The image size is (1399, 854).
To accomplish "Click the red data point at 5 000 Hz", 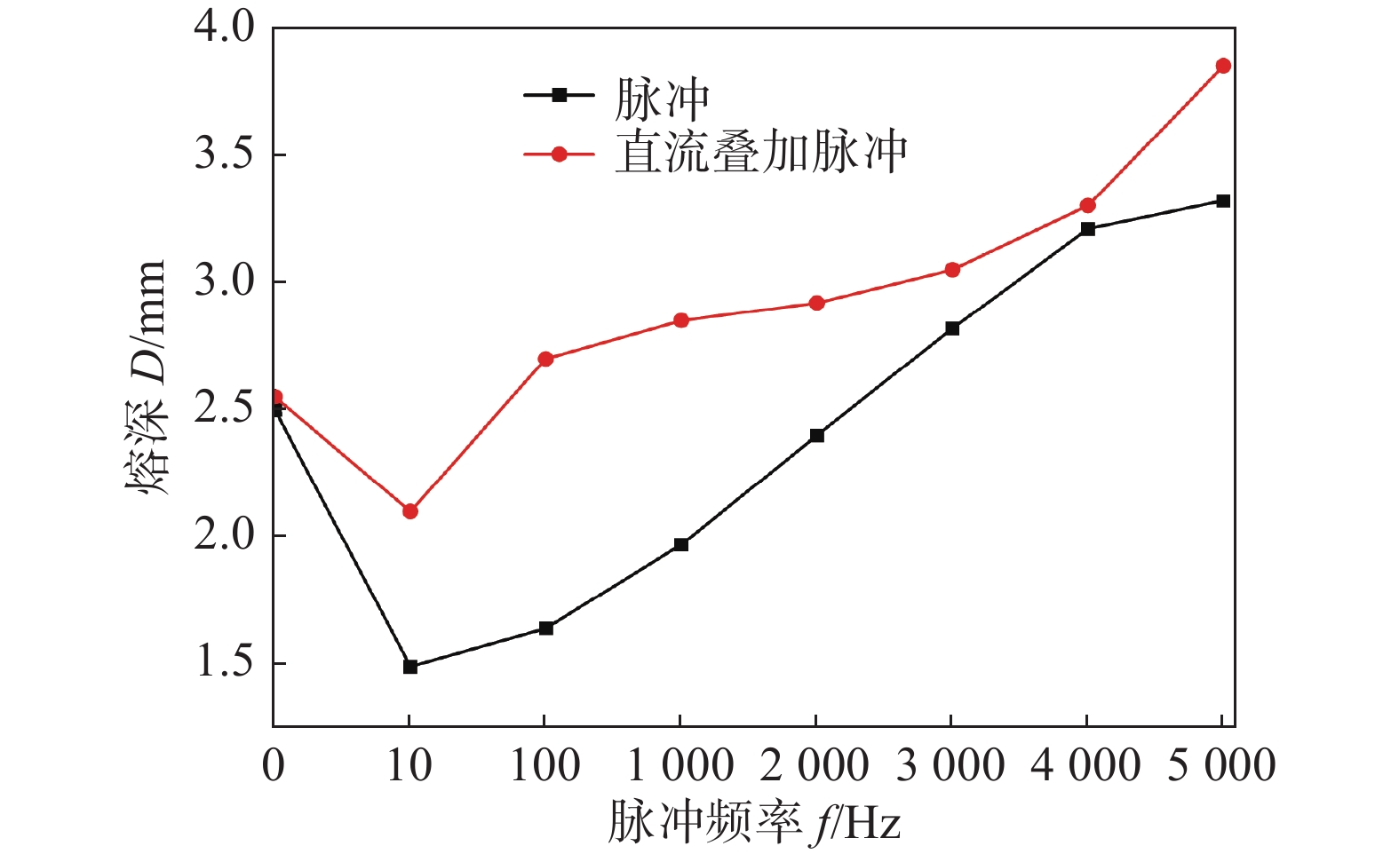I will pos(1223,66).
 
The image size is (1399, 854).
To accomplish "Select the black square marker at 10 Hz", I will pos(410,667).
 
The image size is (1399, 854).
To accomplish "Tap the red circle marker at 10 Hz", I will pos(410,511).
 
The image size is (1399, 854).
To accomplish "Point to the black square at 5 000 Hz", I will pos(1223,202).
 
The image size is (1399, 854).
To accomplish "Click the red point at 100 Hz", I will pos(546,360).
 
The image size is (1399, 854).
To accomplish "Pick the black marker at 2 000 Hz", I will pos(817,436).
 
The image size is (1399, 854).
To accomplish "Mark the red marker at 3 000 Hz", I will pos(952,270).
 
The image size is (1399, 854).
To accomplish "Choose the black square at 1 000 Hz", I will pos(681,545).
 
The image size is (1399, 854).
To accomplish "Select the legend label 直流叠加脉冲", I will pos(761,154).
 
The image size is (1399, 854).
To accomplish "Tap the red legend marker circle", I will pos(559,154).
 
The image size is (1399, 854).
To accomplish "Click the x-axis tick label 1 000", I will pos(680,765).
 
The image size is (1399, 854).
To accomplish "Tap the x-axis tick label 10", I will pos(409,765).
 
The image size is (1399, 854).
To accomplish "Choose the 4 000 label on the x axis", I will pos(1085,765).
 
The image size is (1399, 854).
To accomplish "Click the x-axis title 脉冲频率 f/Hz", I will pos(754,822).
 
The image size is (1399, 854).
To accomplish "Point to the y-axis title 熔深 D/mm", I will pos(146,377).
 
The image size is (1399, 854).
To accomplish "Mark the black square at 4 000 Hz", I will pos(1088,229).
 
